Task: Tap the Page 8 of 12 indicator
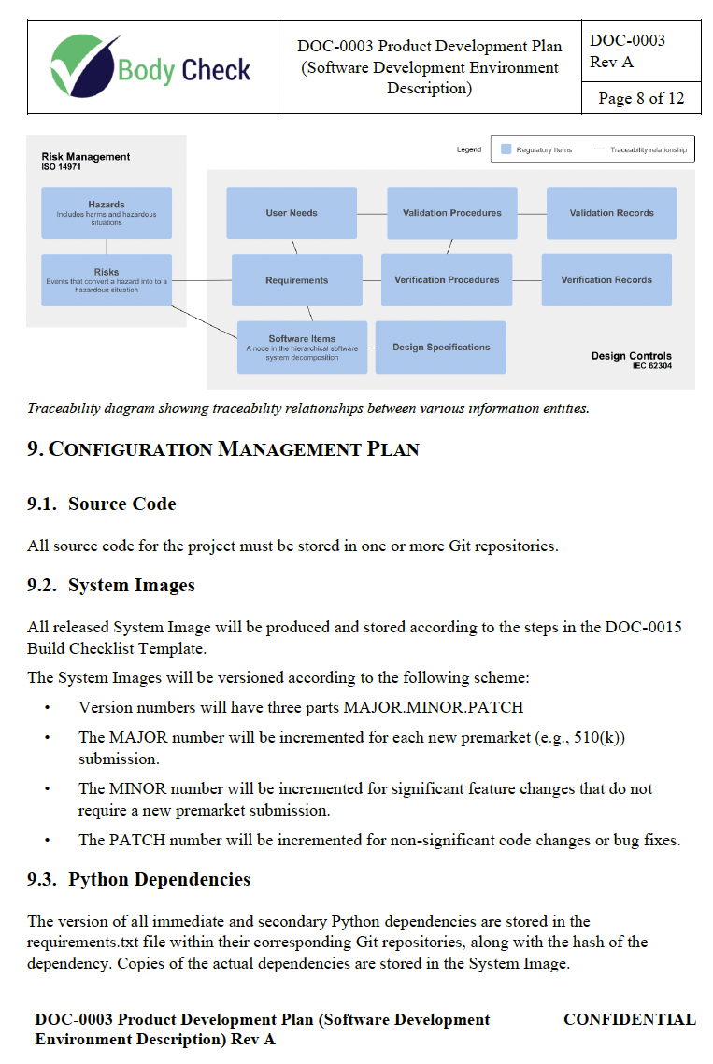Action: click(x=641, y=98)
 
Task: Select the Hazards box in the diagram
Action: click(x=107, y=212)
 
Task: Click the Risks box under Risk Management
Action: click(x=107, y=279)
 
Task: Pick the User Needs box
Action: click(x=292, y=213)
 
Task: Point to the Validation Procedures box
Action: click(x=452, y=213)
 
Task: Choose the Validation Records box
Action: click(x=612, y=213)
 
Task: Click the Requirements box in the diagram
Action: click(x=297, y=280)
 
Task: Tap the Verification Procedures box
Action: click(x=447, y=280)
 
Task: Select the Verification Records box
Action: click(x=606, y=280)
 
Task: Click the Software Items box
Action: click(x=302, y=348)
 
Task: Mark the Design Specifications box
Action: click(x=441, y=348)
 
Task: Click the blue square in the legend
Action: click(x=506, y=149)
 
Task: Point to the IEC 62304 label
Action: click(x=651, y=367)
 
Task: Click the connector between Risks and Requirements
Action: click(x=202, y=280)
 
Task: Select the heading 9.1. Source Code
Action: click(x=102, y=504)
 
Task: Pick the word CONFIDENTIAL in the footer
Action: click(x=629, y=1020)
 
